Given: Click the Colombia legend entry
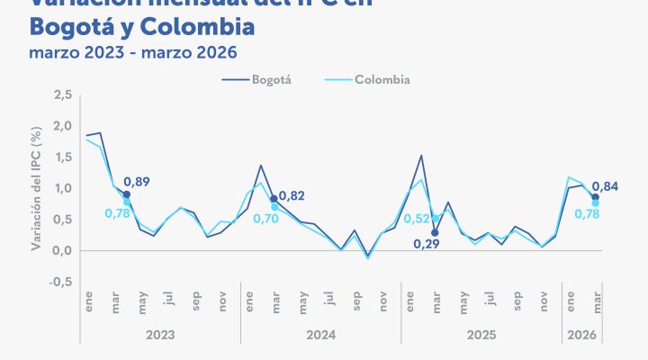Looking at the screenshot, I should pyautogui.click(x=382, y=79).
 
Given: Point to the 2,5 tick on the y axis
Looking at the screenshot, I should pyautogui.click(x=62, y=94).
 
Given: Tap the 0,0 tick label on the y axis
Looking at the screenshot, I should pyautogui.click(x=62, y=250).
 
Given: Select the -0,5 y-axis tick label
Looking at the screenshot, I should pyautogui.click(x=60, y=282).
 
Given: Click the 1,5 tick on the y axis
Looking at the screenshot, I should pyautogui.click(x=62, y=157).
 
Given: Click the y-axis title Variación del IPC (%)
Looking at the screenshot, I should pyautogui.click(x=37, y=189).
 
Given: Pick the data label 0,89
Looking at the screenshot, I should pyautogui.click(x=137, y=183).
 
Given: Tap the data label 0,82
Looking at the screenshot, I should pyautogui.click(x=292, y=195).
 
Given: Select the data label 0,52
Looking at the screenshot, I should pyautogui.click(x=416, y=218).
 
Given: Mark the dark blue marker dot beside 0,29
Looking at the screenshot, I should pyautogui.click(x=435, y=232).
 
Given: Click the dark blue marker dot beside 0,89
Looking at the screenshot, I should pyautogui.click(x=127, y=194).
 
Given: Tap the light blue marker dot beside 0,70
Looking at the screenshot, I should pyautogui.click(x=274, y=207).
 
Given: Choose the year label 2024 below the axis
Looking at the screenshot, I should pyautogui.click(x=320, y=334).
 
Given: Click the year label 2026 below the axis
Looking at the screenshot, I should pyautogui.click(x=581, y=334).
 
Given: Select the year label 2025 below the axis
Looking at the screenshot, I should pyautogui.click(x=481, y=334).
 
